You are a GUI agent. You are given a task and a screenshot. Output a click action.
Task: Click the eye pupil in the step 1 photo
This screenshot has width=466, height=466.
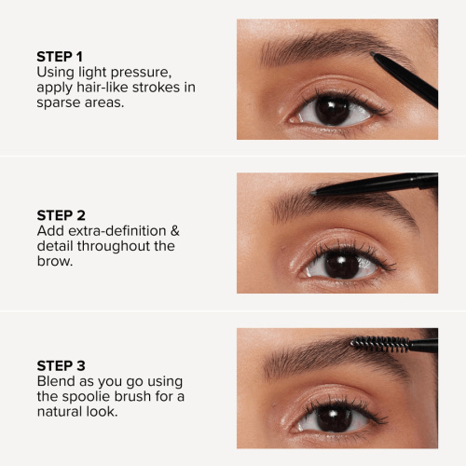pyautogui.click(x=332, y=110)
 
